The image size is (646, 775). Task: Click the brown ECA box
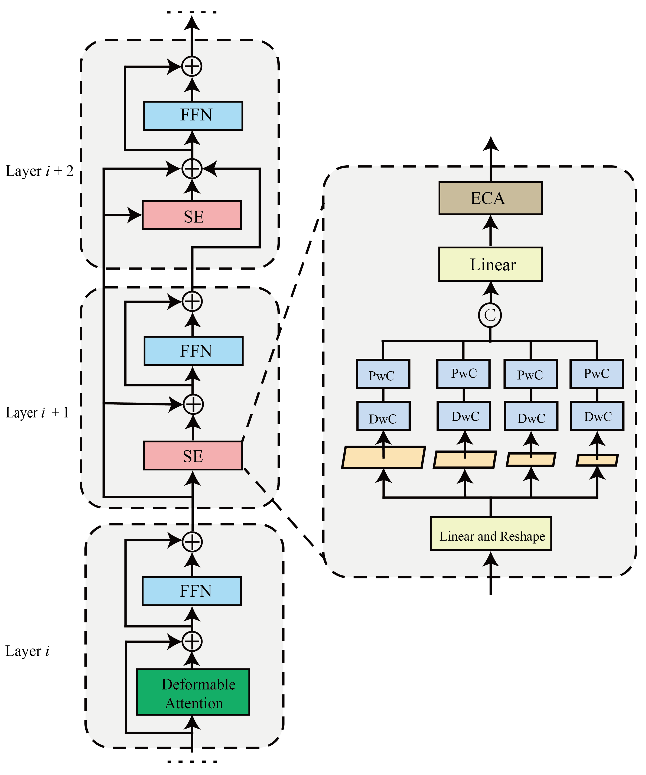[x=490, y=198]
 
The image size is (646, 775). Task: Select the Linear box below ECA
[x=490, y=264]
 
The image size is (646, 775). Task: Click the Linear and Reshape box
[x=491, y=534]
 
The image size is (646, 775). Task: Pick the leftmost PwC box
[x=383, y=374]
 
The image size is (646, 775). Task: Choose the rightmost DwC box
[x=597, y=416]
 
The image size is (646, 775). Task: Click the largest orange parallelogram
[x=383, y=458]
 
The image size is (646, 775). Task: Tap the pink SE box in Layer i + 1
[x=193, y=455]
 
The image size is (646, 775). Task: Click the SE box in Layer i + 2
[x=192, y=215]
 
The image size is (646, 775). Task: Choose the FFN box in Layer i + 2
[x=193, y=115]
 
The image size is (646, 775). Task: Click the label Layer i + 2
[x=40, y=171]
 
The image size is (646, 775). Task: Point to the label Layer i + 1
[x=37, y=412]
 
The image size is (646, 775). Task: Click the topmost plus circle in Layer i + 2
[x=192, y=67]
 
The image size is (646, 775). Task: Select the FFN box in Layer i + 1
[x=193, y=351]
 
